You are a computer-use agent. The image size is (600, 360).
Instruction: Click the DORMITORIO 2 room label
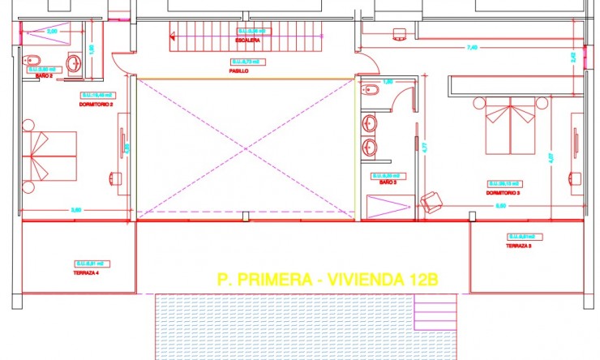pos(96,105)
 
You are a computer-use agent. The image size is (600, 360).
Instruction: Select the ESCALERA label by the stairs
pos(247,40)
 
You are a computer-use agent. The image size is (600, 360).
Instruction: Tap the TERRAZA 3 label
pos(518,246)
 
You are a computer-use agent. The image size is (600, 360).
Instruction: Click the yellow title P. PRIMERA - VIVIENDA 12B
pos(328,280)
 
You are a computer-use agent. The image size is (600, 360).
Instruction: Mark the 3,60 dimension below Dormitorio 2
pos(75,211)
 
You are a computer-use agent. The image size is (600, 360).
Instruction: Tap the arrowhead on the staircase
pos(173,35)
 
